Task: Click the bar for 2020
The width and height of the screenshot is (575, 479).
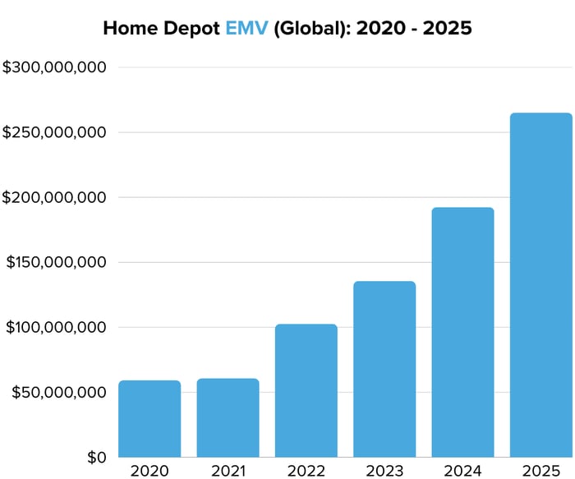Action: pyautogui.click(x=149, y=418)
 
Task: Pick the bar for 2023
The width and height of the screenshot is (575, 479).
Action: pyautogui.click(x=384, y=369)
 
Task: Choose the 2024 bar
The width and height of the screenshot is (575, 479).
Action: pyautogui.click(x=462, y=332)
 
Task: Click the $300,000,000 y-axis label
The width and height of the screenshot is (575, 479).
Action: pyautogui.click(x=54, y=67)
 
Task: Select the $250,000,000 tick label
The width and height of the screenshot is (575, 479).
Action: pyautogui.click(x=54, y=132)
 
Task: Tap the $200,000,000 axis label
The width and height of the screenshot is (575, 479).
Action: pyautogui.click(x=54, y=197)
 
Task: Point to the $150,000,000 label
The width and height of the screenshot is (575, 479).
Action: pyautogui.click(x=56, y=262)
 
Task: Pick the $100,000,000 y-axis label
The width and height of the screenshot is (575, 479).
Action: pyautogui.click(x=56, y=327)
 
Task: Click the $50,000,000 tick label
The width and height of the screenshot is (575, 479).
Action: pyautogui.click(x=59, y=392)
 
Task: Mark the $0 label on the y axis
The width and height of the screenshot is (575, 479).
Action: pyautogui.click(x=97, y=457)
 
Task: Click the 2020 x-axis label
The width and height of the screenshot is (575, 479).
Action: pyautogui.click(x=149, y=471)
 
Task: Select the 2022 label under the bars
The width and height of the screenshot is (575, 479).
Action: pyautogui.click(x=306, y=471)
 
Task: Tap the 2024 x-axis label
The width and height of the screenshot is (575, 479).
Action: pyautogui.click(x=462, y=471)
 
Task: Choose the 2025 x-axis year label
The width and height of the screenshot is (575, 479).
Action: pyautogui.click(x=540, y=471)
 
